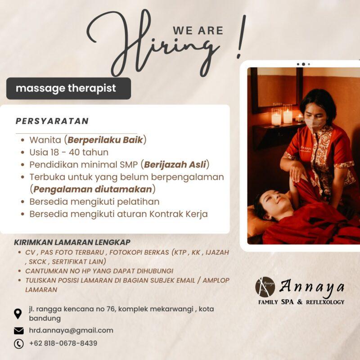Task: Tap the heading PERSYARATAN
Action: [52, 121]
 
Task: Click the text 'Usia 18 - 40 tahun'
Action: [69, 152]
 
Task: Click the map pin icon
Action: [18, 313]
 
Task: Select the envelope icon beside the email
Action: [18, 331]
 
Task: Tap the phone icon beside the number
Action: [18, 344]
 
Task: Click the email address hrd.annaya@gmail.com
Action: [71, 330]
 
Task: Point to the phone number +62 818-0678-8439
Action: [63, 343]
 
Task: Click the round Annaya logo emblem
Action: [265, 287]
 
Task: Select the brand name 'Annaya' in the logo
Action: [312, 286]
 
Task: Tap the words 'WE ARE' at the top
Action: [198, 31]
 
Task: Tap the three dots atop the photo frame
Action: [303, 64]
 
